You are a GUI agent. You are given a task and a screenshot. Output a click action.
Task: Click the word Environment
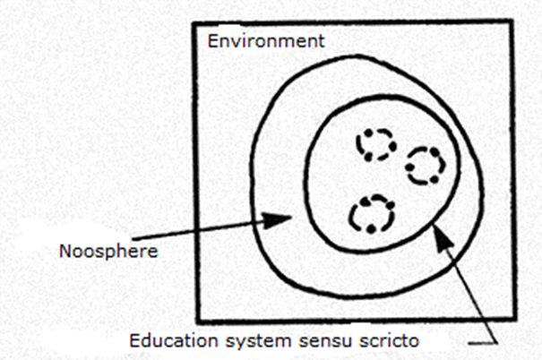265,41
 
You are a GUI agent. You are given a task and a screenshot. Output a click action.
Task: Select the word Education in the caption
168,340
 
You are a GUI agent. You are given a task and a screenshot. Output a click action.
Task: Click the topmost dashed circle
375,143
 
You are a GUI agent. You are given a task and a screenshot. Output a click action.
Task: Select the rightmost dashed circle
425,166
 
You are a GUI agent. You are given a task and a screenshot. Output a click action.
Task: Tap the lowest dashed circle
371,215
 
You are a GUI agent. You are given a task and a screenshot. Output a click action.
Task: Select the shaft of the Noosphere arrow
215,227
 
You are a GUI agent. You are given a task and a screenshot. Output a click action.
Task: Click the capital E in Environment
211,41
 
